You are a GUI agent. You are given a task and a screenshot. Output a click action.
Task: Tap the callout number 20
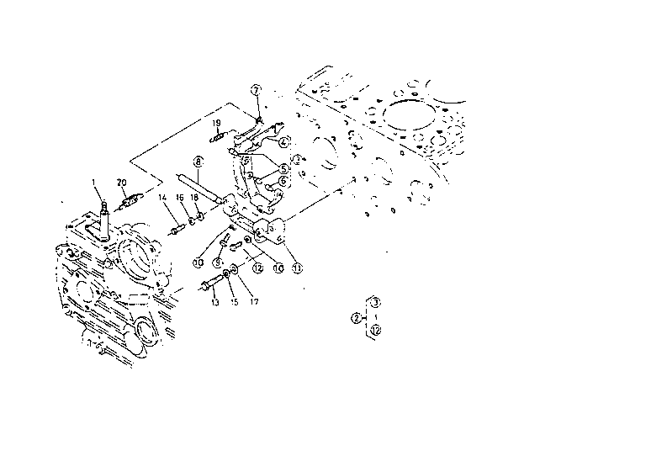point(122,182)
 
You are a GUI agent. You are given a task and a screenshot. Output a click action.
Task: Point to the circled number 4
point(284,141)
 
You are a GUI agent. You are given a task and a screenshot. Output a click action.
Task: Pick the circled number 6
point(283,180)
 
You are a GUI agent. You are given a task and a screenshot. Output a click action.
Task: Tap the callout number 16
point(180,198)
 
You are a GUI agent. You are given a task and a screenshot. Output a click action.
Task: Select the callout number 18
point(194,198)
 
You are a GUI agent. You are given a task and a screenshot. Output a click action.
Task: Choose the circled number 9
point(217,263)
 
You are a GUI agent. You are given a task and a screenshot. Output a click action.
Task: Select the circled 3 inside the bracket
point(376,301)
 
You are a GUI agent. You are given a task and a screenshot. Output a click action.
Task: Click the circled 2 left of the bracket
point(357,317)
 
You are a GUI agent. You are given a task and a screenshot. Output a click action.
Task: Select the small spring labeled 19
point(217,138)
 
